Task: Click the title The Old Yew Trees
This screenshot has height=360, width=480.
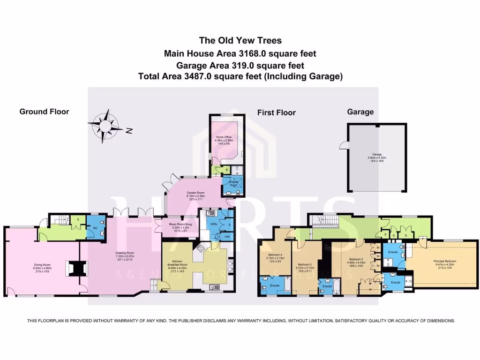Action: pyautogui.click(x=240, y=40)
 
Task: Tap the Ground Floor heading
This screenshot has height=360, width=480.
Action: pyautogui.click(x=44, y=112)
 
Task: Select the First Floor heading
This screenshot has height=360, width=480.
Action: pyautogui.click(x=276, y=112)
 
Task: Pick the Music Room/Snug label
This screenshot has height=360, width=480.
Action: pyautogui.click(x=180, y=225)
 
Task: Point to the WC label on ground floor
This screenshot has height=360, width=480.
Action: pyautogui.click(x=95, y=228)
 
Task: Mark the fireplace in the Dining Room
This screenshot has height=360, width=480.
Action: pyautogui.click(x=75, y=268)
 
